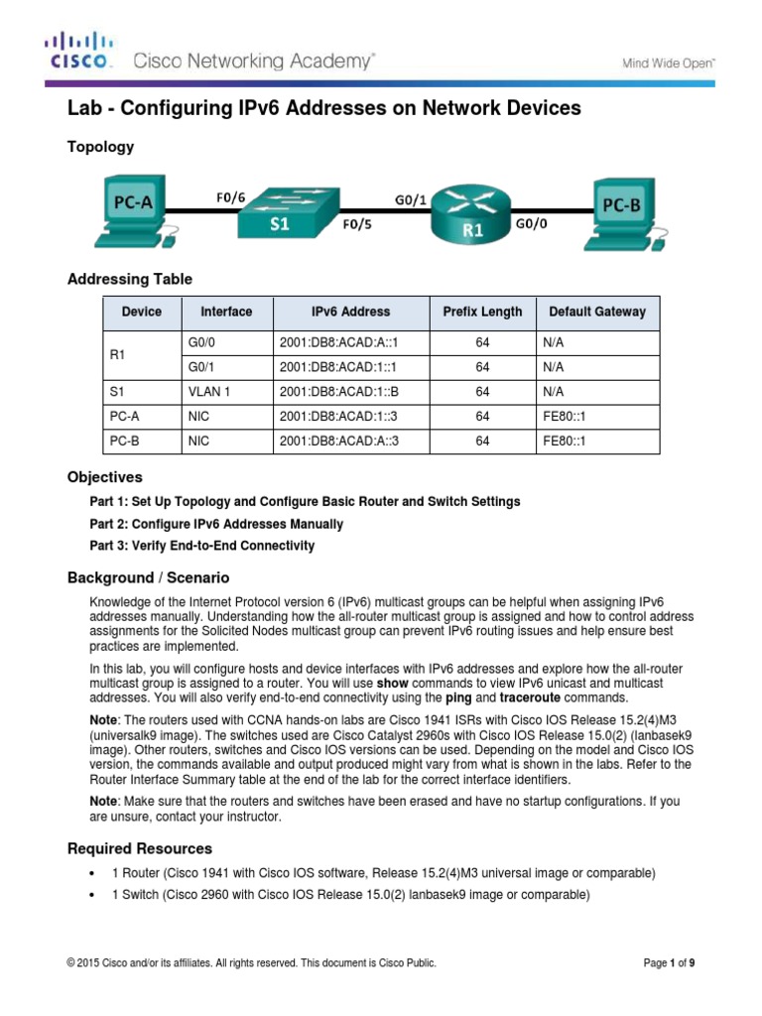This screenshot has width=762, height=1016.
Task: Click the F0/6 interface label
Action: [232, 196]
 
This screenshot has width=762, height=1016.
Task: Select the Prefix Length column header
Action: [482, 312]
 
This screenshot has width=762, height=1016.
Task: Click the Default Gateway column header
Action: [596, 312]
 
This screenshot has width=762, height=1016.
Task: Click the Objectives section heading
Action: [104, 477]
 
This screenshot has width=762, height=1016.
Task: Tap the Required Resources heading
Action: [139, 848]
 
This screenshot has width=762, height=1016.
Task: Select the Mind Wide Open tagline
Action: [669, 63]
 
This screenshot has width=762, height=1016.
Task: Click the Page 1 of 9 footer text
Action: [670, 962]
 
